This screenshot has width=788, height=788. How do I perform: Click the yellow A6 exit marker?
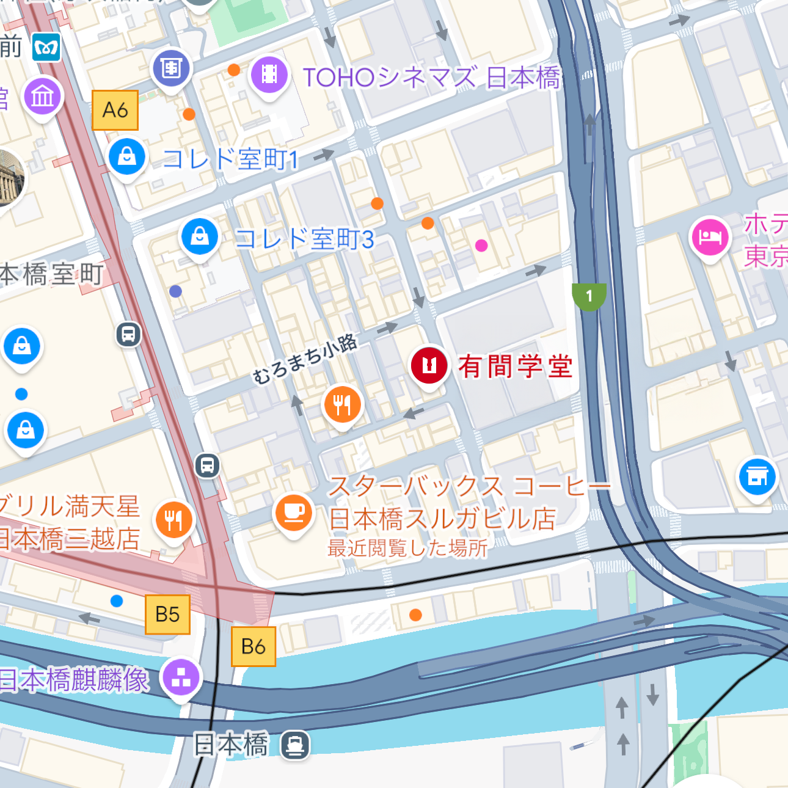click(x=115, y=110)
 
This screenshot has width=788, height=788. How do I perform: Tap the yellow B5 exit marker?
click(x=167, y=614)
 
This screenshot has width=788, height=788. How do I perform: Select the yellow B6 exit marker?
click(x=253, y=646)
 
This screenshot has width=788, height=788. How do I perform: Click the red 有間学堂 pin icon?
click(x=429, y=365)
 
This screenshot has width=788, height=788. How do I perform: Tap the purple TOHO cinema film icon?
click(x=269, y=75)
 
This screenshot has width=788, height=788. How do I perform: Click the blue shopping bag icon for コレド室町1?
click(x=126, y=156)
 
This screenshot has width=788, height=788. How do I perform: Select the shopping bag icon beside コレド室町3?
click(x=200, y=236)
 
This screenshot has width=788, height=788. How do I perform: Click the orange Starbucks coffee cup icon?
click(x=294, y=512)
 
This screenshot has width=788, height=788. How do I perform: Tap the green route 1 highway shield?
click(x=589, y=296)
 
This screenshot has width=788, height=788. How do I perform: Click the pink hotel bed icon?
click(x=710, y=237)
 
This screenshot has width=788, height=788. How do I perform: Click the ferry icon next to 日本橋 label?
click(x=295, y=745)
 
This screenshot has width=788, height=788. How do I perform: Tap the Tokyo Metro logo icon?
click(x=46, y=47)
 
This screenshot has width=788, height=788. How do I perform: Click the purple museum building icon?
click(x=43, y=97)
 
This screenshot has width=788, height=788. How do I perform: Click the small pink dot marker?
click(x=481, y=246)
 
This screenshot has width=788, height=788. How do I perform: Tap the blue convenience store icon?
click(x=757, y=476)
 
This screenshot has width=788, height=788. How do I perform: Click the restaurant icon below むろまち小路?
click(x=342, y=404)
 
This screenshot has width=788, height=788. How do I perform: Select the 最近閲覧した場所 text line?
click(x=407, y=548)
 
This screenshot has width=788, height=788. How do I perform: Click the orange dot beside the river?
click(x=415, y=615)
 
